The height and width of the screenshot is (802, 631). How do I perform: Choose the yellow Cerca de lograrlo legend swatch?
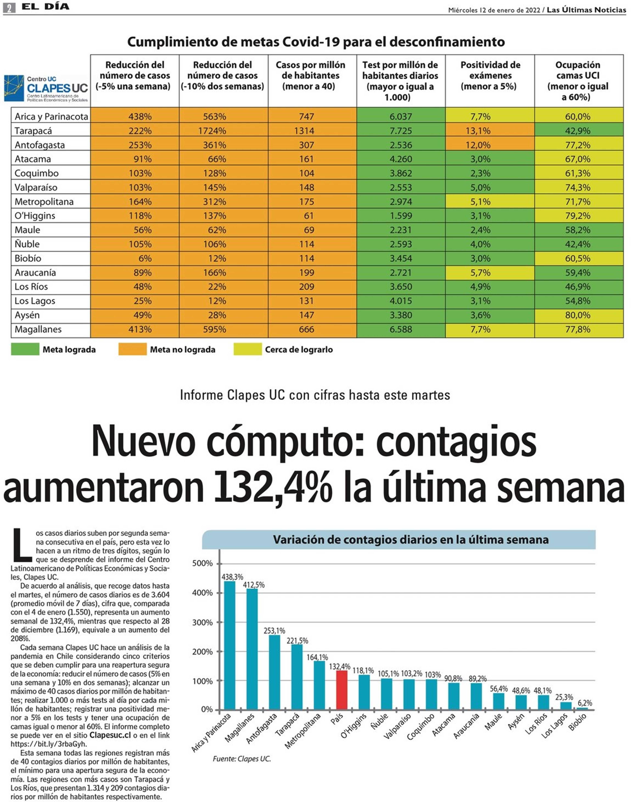[247, 349]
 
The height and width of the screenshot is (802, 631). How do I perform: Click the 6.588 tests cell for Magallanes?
[401, 329]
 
